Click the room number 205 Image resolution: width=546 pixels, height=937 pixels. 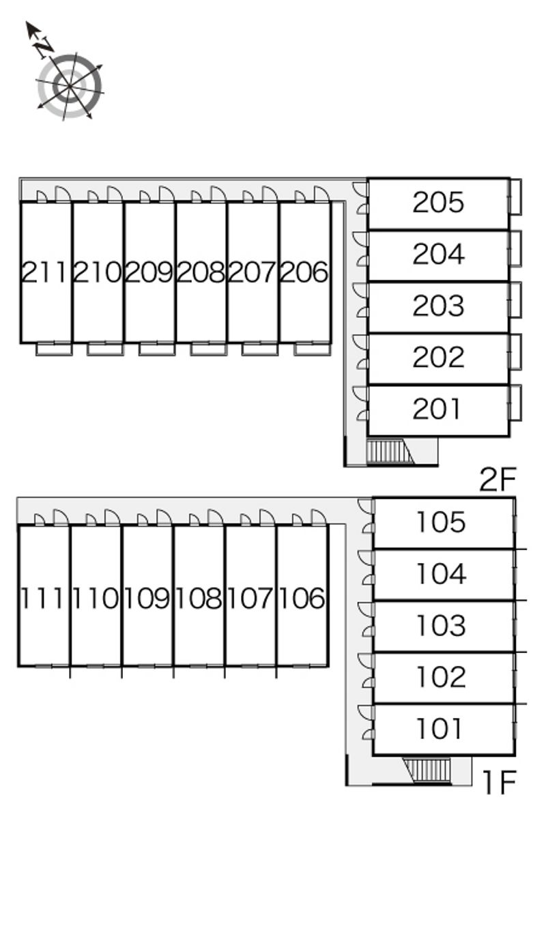pyautogui.click(x=438, y=203)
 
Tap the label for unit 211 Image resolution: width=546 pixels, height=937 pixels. pyautogui.click(x=44, y=272)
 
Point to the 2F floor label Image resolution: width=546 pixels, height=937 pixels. pyautogui.click(x=498, y=479)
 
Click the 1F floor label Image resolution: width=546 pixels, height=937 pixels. pyautogui.click(x=499, y=782)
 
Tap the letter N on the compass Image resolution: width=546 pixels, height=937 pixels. pyautogui.click(x=44, y=48)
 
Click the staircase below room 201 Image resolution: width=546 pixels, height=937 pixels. pyautogui.click(x=390, y=451)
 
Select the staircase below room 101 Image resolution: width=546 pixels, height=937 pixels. pyautogui.click(x=427, y=770)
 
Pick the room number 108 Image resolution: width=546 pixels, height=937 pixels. pyautogui.click(x=199, y=599)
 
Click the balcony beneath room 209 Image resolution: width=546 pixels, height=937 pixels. pyautogui.click(x=157, y=349)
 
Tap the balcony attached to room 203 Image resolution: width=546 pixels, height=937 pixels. pyautogui.click(x=515, y=300)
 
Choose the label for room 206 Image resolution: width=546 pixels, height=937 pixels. pyautogui.click(x=304, y=272)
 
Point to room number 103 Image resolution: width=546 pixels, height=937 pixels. pyautogui.click(x=441, y=625)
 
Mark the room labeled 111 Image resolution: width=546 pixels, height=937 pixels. pyautogui.click(x=42, y=599)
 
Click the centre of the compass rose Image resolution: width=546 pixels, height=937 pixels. pyautogui.click(x=70, y=86)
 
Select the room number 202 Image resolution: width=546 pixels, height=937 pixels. pyautogui.click(x=438, y=357)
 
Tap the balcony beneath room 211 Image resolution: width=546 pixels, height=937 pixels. pyautogui.click(x=54, y=349)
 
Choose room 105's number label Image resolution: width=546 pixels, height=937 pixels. pyautogui.click(x=441, y=522)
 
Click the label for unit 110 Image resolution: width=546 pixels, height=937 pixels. pyautogui.click(x=96, y=599)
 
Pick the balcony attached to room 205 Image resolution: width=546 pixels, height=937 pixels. pyautogui.click(x=515, y=197)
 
